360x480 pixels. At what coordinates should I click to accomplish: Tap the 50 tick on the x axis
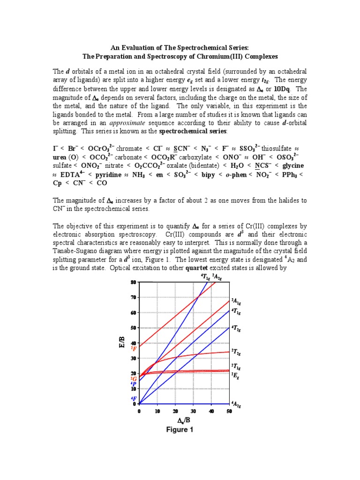click(x=229, y=411)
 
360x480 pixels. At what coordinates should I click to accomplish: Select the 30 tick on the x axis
click(x=193, y=411)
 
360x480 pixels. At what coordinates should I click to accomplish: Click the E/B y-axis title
click(x=121, y=344)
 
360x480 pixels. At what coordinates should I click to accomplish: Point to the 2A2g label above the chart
click(x=217, y=277)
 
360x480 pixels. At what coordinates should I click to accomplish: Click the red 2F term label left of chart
click(x=134, y=348)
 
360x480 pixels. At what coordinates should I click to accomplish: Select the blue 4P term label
click(x=134, y=383)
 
